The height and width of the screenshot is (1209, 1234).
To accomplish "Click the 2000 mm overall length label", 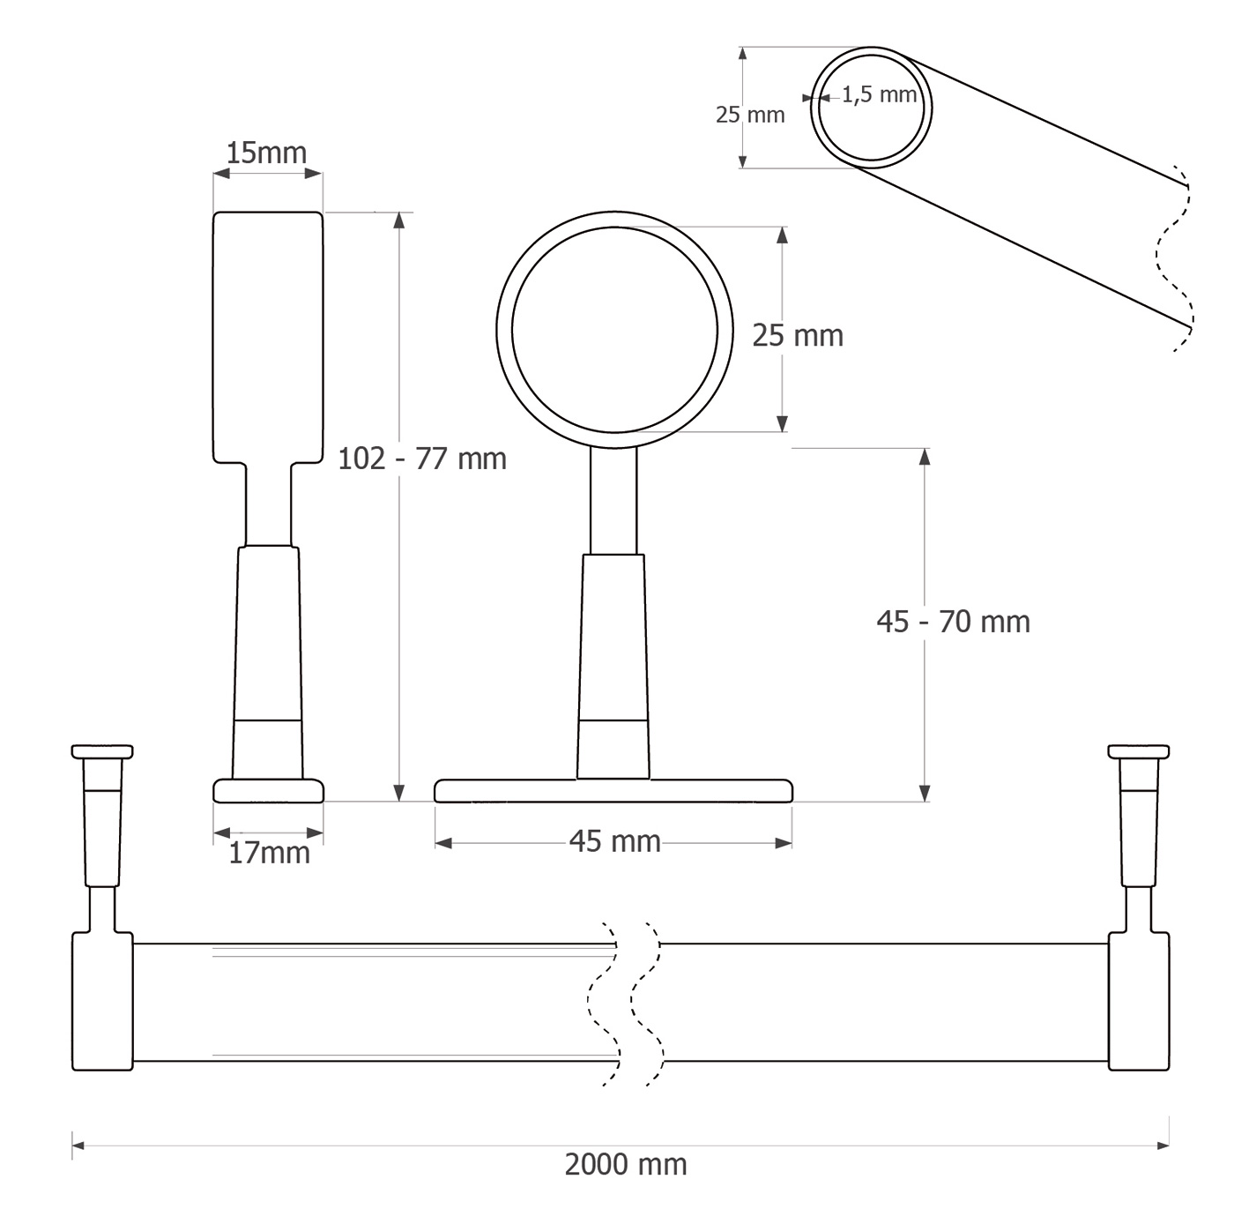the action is click(x=626, y=1164).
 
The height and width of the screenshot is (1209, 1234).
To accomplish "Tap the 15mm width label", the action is click(x=266, y=153).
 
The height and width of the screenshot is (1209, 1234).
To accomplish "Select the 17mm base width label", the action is click(x=269, y=854).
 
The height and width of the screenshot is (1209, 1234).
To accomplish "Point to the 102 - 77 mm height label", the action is click(x=422, y=459).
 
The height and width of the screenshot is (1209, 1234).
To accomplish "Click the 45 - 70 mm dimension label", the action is click(x=954, y=622).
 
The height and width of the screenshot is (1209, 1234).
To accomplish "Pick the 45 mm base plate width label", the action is click(x=614, y=841).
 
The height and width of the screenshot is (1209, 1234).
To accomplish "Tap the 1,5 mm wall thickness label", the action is click(x=880, y=95).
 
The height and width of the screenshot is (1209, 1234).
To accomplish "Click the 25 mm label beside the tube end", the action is click(x=750, y=116).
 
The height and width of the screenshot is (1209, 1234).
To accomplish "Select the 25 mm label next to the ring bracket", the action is click(x=798, y=336).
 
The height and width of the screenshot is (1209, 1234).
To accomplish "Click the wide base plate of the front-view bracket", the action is click(x=613, y=791).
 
